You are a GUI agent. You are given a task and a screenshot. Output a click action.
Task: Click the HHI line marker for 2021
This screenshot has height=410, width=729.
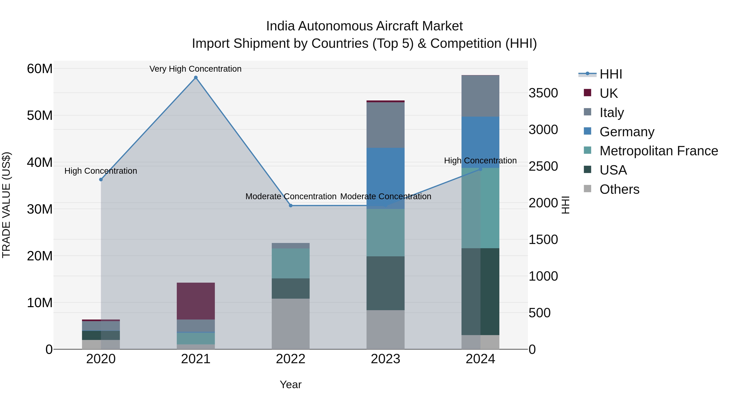point(196,78)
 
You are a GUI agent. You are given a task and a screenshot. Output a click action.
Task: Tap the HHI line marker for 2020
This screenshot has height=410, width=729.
point(101,179)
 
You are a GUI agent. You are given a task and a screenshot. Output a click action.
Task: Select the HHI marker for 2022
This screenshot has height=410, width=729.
point(290,206)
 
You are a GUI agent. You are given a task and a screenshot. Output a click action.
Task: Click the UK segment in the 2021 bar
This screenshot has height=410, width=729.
point(196,301)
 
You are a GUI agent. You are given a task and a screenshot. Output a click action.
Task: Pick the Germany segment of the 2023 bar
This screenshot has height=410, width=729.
point(385,178)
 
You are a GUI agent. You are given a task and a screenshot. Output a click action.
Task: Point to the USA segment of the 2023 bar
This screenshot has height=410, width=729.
point(385,283)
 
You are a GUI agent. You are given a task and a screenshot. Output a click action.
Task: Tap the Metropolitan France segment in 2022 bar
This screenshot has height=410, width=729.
point(290,263)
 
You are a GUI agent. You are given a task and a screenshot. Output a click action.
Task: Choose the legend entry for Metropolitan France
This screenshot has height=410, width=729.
point(659,151)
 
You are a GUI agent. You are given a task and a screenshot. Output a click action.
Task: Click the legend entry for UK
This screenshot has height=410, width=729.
point(609,93)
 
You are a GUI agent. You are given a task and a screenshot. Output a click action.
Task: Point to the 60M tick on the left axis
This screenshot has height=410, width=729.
point(40,69)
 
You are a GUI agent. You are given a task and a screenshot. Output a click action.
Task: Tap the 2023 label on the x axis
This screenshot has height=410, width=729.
point(385,359)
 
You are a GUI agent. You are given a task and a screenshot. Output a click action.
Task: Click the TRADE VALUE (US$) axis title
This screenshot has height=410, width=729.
point(6,205)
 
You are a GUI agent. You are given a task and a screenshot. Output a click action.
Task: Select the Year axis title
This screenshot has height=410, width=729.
point(290,384)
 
